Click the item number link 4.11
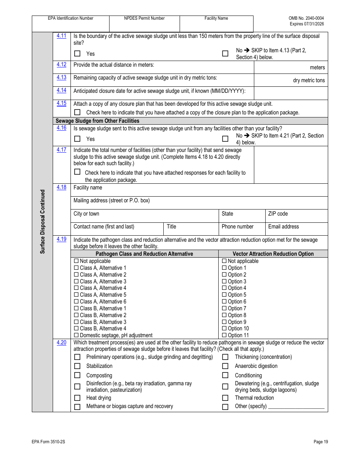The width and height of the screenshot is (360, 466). (x=61, y=36)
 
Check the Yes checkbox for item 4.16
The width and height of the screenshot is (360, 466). (x=77, y=139)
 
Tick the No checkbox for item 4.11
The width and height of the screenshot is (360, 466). (x=225, y=53)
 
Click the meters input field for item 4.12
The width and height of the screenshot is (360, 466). (x=290, y=67)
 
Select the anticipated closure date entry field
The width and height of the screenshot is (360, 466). (x=290, y=93)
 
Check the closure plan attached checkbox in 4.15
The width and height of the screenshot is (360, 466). (x=77, y=112)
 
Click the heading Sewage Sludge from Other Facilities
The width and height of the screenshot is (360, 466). (x=97, y=121)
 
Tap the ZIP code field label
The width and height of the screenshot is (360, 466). (x=278, y=214)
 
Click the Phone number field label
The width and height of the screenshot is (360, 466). (x=237, y=227)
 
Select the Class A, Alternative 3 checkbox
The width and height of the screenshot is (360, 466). (x=76, y=281)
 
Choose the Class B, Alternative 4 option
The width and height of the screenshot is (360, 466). (x=76, y=328)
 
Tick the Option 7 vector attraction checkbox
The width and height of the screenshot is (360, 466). (x=224, y=308)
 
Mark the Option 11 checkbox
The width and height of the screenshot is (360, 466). (x=224, y=335)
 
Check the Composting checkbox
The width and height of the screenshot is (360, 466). (x=77, y=375)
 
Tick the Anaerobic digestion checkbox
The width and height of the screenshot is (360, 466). (x=225, y=366)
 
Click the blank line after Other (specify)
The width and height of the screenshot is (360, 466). (x=296, y=407)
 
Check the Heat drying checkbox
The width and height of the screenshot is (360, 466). (x=77, y=398)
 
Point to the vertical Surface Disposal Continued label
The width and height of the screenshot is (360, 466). (x=42, y=222)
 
